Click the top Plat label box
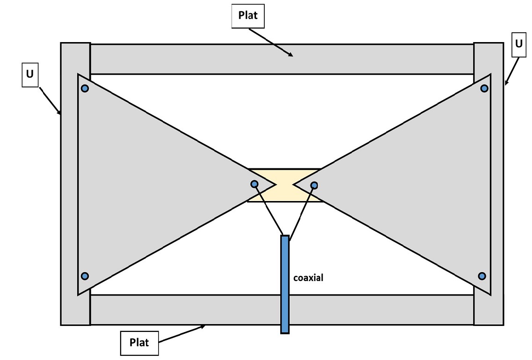click(248, 16)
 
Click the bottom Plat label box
click(139, 343)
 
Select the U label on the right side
click(518, 44)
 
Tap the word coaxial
click(308, 278)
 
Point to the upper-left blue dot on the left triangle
click(85, 88)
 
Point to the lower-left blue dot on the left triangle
click(85, 276)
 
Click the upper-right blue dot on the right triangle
click(484, 88)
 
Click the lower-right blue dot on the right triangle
click(482, 276)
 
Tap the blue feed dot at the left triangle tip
click(254, 184)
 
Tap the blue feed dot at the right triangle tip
click(314, 185)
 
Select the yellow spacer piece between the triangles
click(284, 174)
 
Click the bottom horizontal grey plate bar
click(187, 310)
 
